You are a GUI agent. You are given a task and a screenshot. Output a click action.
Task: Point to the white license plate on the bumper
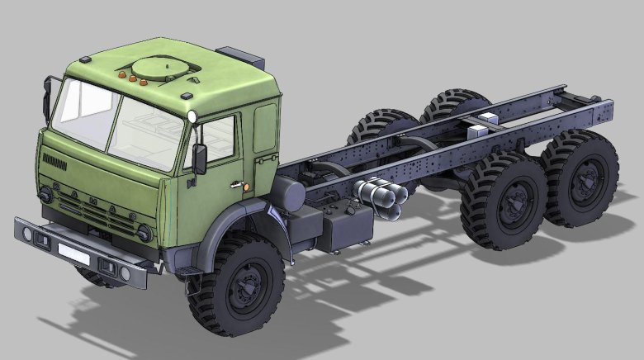73,252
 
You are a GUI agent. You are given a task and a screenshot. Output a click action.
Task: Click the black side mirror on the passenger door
200,159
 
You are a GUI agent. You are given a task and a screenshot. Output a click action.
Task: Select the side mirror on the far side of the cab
45,97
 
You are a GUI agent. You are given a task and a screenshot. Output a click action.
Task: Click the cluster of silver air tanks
381,198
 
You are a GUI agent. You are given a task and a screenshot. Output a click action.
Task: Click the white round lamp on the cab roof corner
193,117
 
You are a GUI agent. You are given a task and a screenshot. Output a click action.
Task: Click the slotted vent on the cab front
54,159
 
